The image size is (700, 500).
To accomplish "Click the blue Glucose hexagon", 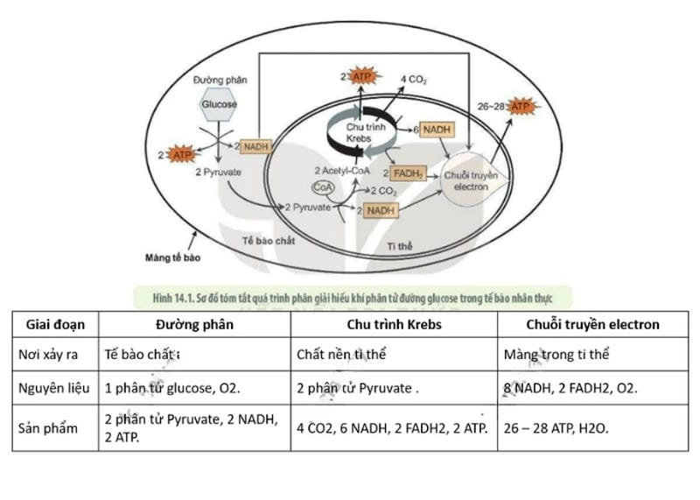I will click(219, 105).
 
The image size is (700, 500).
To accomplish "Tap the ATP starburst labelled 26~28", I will click(521, 107).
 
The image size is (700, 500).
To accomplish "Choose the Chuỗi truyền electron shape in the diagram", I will click(472, 181).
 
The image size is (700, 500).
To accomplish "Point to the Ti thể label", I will click(399, 249).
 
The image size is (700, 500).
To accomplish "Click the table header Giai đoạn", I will click(54, 324).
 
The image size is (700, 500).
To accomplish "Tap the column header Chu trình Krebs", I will click(394, 324).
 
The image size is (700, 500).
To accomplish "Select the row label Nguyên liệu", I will click(55, 386).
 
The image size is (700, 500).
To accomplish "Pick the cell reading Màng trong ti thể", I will click(557, 355).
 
